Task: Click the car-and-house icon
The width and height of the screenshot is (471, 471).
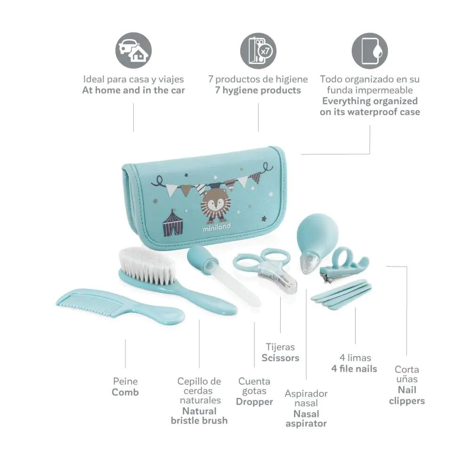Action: pyautogui.click(x=133, y=50)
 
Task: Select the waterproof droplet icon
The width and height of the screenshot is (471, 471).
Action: pyautogui.click(x=370, y=50)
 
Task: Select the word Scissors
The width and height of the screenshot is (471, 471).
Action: pyautogui.click(x=280, y=358)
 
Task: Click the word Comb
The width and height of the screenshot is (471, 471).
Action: pyautogui.click(x=125, y=392)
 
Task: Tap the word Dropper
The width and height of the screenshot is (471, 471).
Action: pyautogui.click(x=254, y=402)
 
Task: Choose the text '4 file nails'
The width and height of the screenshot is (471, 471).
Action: pyautogui.click(x=354, y=369)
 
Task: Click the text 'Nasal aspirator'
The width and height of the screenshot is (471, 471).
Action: pyautogui.click(x=306, y=419)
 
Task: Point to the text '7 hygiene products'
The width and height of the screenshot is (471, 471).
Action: pyautogui.click(x=258, y=90)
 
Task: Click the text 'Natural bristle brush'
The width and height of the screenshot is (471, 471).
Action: pyautogui.click(x=199, y=415)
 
